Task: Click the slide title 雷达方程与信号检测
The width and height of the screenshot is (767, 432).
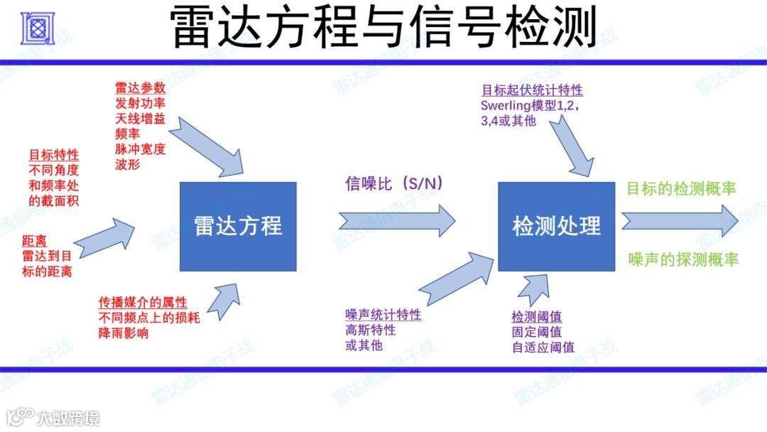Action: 383,28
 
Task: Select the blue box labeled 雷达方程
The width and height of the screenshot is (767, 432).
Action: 238,226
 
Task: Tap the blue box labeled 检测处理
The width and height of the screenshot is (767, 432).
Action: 556,226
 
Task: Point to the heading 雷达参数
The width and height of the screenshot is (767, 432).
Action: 140,88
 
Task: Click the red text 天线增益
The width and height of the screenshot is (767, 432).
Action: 140,119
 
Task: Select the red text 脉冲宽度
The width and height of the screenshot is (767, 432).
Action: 140,148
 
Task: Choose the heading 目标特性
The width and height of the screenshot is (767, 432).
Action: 53,154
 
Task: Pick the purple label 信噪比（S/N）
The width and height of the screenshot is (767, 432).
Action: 393,185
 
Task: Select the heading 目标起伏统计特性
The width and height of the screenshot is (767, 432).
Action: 532,90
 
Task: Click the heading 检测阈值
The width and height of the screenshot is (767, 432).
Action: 536,317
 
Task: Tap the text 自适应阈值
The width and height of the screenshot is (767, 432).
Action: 543,347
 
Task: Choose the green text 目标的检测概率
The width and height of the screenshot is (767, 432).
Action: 681,189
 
